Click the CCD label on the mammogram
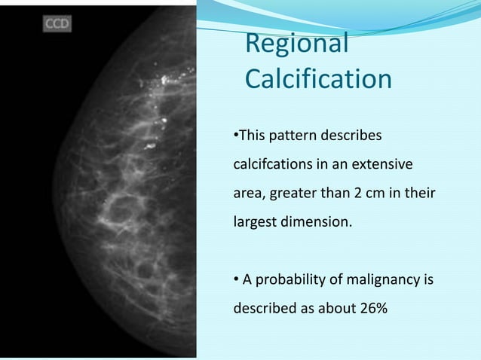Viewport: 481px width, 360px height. [x=57, y=23]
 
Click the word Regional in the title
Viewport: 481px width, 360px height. [x=297, y=44]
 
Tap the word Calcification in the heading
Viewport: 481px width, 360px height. [x=318, y=78]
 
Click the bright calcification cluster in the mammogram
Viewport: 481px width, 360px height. [x=163, y=83]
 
